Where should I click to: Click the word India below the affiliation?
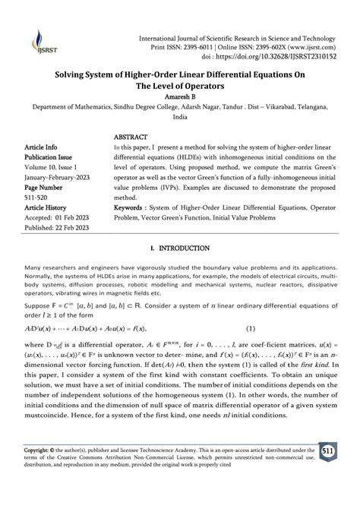coord(179,119)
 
